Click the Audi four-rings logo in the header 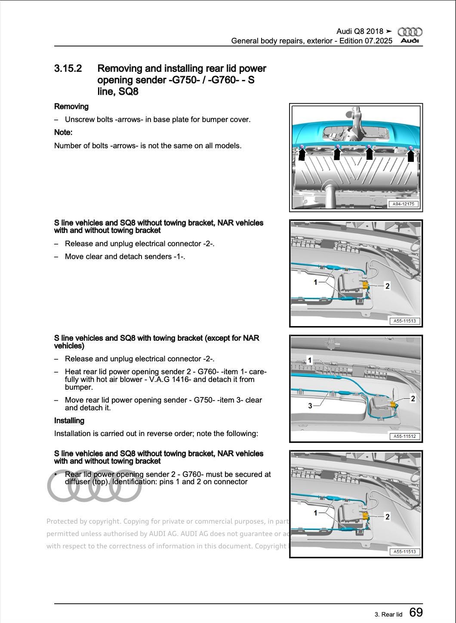point(410,32)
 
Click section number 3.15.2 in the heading point(68,69)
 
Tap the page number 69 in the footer point(416,612)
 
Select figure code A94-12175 point(404,204)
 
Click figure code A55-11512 point(404,437)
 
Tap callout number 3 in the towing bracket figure point(310,406)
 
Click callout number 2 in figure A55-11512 point(413,399)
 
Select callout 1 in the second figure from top point(315,282)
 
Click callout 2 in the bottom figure point(387,517)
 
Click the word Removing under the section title point(71,107)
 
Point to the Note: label point(63,132)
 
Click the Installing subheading point(69,421)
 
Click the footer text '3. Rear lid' point(388,614)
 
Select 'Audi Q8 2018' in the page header point(360,31)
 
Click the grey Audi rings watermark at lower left point(94,486)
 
